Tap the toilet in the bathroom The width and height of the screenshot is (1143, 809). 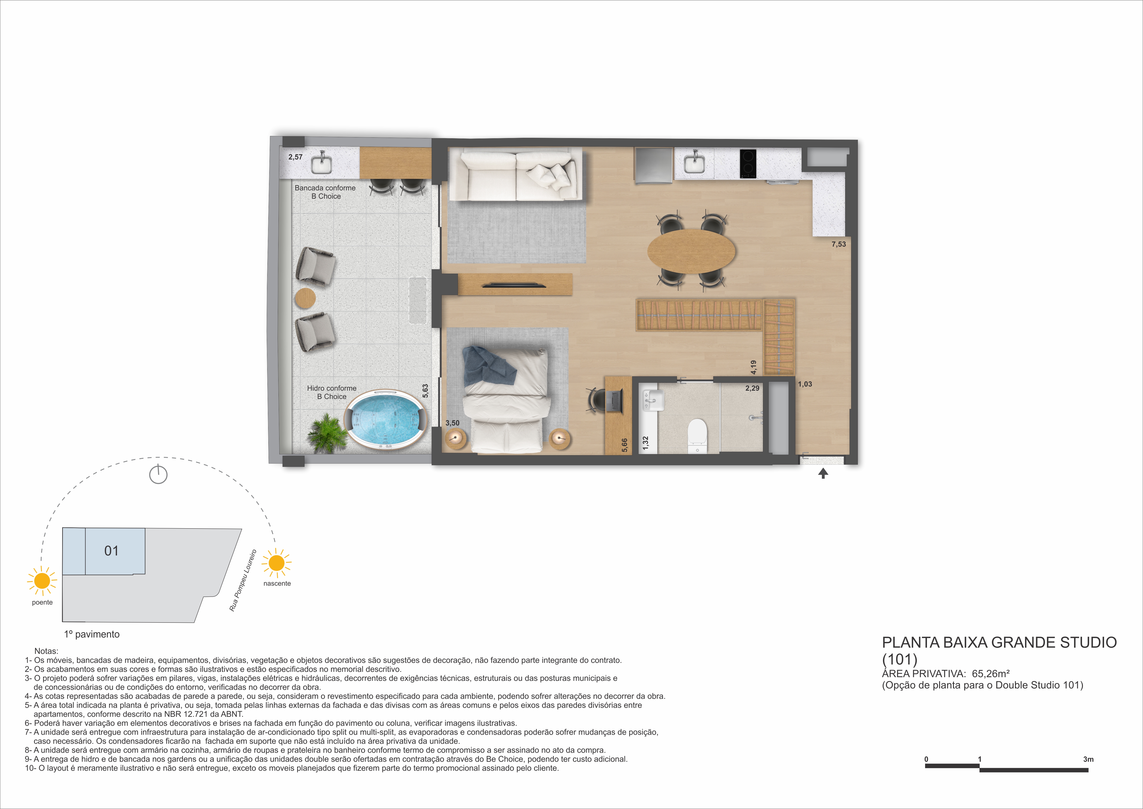click(697, 432)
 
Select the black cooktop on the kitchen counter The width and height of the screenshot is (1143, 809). click(748, 163)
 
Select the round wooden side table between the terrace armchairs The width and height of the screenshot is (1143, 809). click(305, 298)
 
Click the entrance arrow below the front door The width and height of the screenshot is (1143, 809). click(823, 473)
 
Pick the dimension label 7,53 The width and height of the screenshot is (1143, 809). click(838, 244)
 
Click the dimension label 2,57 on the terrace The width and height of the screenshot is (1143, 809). click(295, 157)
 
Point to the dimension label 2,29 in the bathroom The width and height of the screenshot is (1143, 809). click(752, 388)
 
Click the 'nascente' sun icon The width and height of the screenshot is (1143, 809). click(276, 563)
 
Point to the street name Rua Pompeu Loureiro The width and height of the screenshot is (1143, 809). click(243, 580)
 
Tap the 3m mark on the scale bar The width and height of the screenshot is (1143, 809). click(1088, 759)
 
